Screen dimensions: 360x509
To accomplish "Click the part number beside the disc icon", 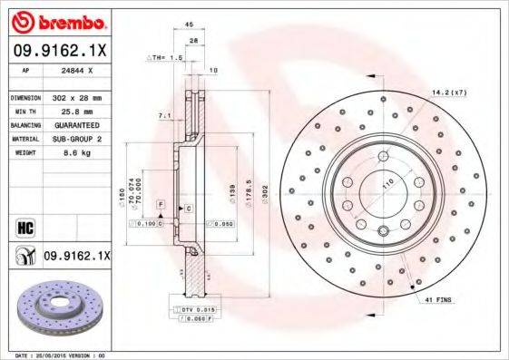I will point(76,258).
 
